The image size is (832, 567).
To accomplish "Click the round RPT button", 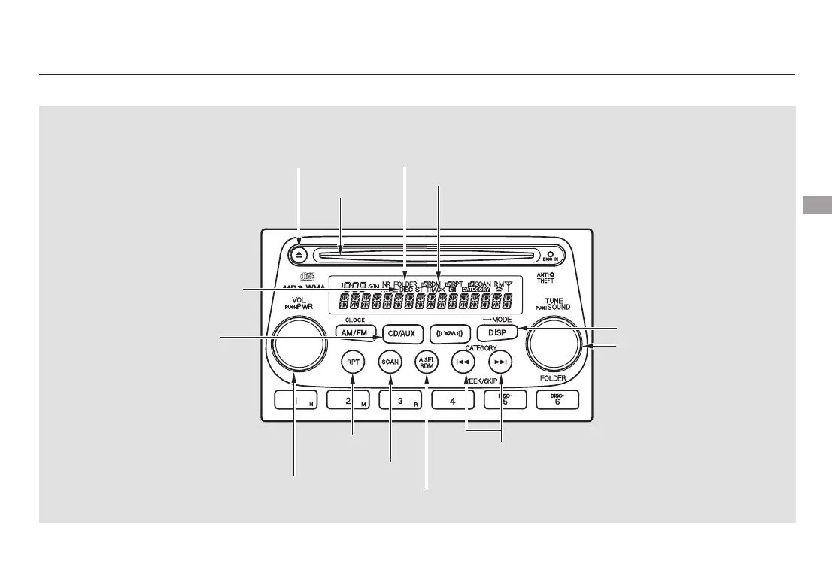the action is click(x=353, y=361).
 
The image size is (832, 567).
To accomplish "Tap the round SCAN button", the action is click(x=390, y=361).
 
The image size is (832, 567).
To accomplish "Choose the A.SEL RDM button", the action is click(x=427, y=361).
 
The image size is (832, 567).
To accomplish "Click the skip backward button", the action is click(x=463, y=361).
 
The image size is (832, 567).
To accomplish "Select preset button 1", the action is click(x=296, y=402).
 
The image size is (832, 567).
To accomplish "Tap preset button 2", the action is click(x=348, y=402).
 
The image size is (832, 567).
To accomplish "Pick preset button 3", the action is click(x=400, y=402).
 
